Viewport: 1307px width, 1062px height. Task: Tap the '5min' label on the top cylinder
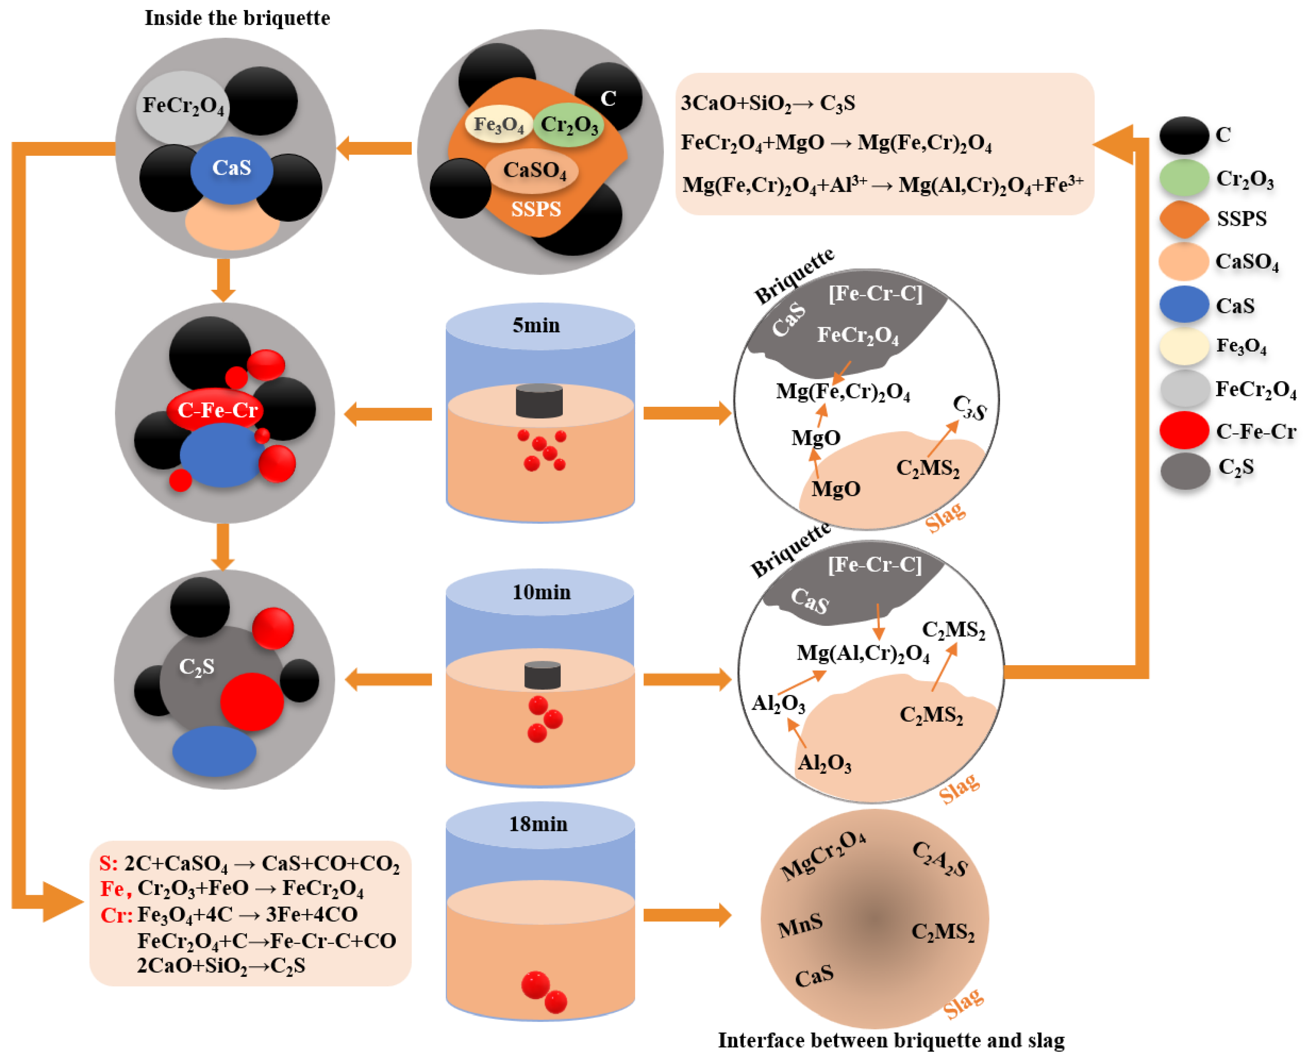click(536, 326)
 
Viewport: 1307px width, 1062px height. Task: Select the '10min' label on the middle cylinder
click(541, 592)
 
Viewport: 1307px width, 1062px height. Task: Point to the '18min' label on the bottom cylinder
click(539, 824)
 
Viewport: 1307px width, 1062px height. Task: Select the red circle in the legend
click(1184, 430)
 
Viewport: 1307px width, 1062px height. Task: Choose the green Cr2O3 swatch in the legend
click(1184, 178)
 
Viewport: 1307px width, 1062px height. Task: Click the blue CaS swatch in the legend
click(1184, 304)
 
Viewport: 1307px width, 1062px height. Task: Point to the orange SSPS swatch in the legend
click(1184, 219)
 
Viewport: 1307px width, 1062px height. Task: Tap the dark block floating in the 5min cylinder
click(539, 401)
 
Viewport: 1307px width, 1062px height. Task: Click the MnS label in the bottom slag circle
click(800, 926)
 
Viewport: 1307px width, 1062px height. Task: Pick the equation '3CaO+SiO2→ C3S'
click(768, 103)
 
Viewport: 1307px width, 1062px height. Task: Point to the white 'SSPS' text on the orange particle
click(536, 209)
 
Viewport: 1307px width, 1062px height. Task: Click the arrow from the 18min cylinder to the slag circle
click(688, 915)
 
